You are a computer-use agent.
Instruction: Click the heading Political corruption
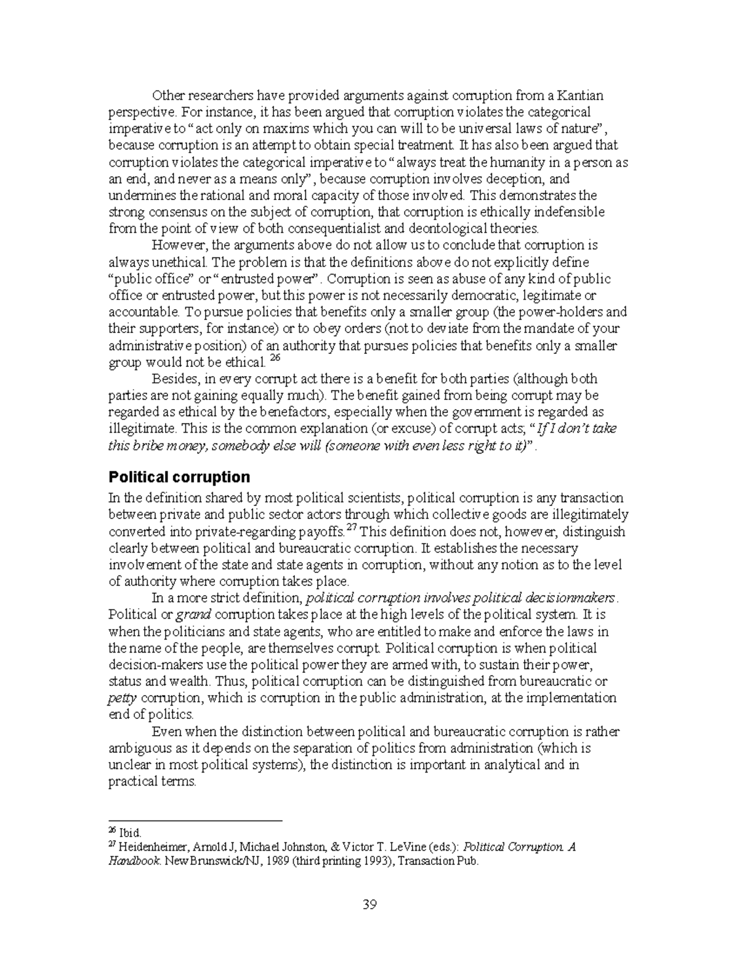[x=179, y=477]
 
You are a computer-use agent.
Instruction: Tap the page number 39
[x=369, y=904]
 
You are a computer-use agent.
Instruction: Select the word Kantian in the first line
[x=581, y=95]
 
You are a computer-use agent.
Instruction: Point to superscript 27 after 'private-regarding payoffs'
[x=352, y=529]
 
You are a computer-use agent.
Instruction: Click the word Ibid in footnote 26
[x=129, y=833]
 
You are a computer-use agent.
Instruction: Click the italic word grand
[x=194, y=614]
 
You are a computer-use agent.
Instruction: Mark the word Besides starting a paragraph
[x=174, y=379]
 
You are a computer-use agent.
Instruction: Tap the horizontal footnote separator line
[x=195, y=821]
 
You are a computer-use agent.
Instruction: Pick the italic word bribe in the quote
[x=145, y=446]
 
